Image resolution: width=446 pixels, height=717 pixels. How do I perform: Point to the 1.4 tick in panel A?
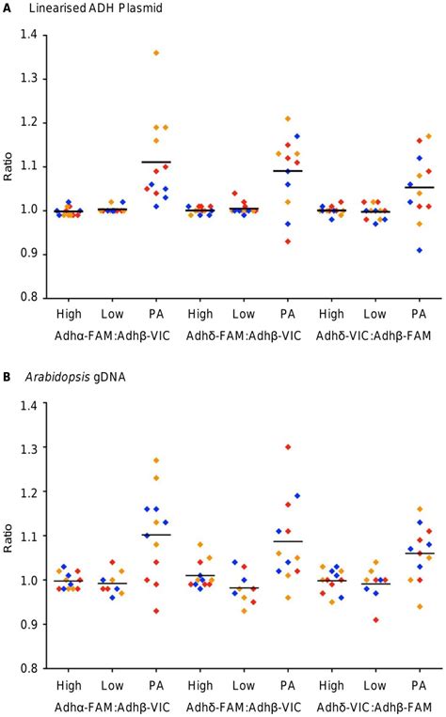[x=34, y=35]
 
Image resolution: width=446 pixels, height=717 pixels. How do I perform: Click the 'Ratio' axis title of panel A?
[x=9, y=165]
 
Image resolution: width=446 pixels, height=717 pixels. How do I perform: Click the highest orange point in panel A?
[x=156, y=53]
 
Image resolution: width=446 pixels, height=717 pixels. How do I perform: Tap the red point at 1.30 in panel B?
[x=287, y=447]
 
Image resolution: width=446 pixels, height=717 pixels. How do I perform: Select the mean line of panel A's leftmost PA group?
[x=156, y=162]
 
